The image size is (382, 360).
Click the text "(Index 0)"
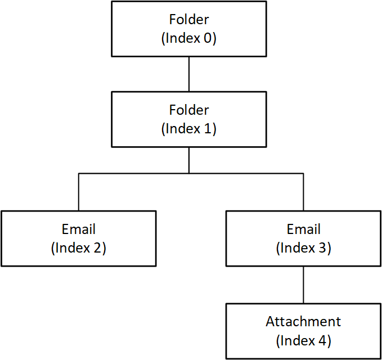pyautogui.click(x=189, y=38)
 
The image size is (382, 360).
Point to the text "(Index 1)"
pyautogui.click(x=189, y=129)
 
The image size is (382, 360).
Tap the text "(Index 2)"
pyautogui.click(x=78, y=247)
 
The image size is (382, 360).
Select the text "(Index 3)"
pyautogui.click(x=303, y=247)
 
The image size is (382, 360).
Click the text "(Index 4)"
pyautogui.click(x=303, y=340)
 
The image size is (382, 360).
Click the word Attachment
pyautogui.click(x=303, y=322)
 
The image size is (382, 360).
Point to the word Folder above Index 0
pyautogui.click(x=189, y=20)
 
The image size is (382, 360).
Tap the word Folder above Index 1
pyautogui.click(x=189, y=110)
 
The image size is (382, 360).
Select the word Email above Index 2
pyautogui.click(x=78, y=229)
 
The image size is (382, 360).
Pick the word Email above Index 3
pyautogui.click(x=303, y=229)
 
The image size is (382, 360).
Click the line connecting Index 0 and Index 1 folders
pyautogui.click(x=189, y=74)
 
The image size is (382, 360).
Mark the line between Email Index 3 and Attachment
pyautogui.click(x=303, y=285)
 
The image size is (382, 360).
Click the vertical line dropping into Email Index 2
pyautogui.click(x=78, y=192)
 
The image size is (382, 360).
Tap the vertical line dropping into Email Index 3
pyautogui.click(x=303, y=192)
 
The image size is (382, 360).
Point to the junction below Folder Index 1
pyautogui.click(x=189, y=173)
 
